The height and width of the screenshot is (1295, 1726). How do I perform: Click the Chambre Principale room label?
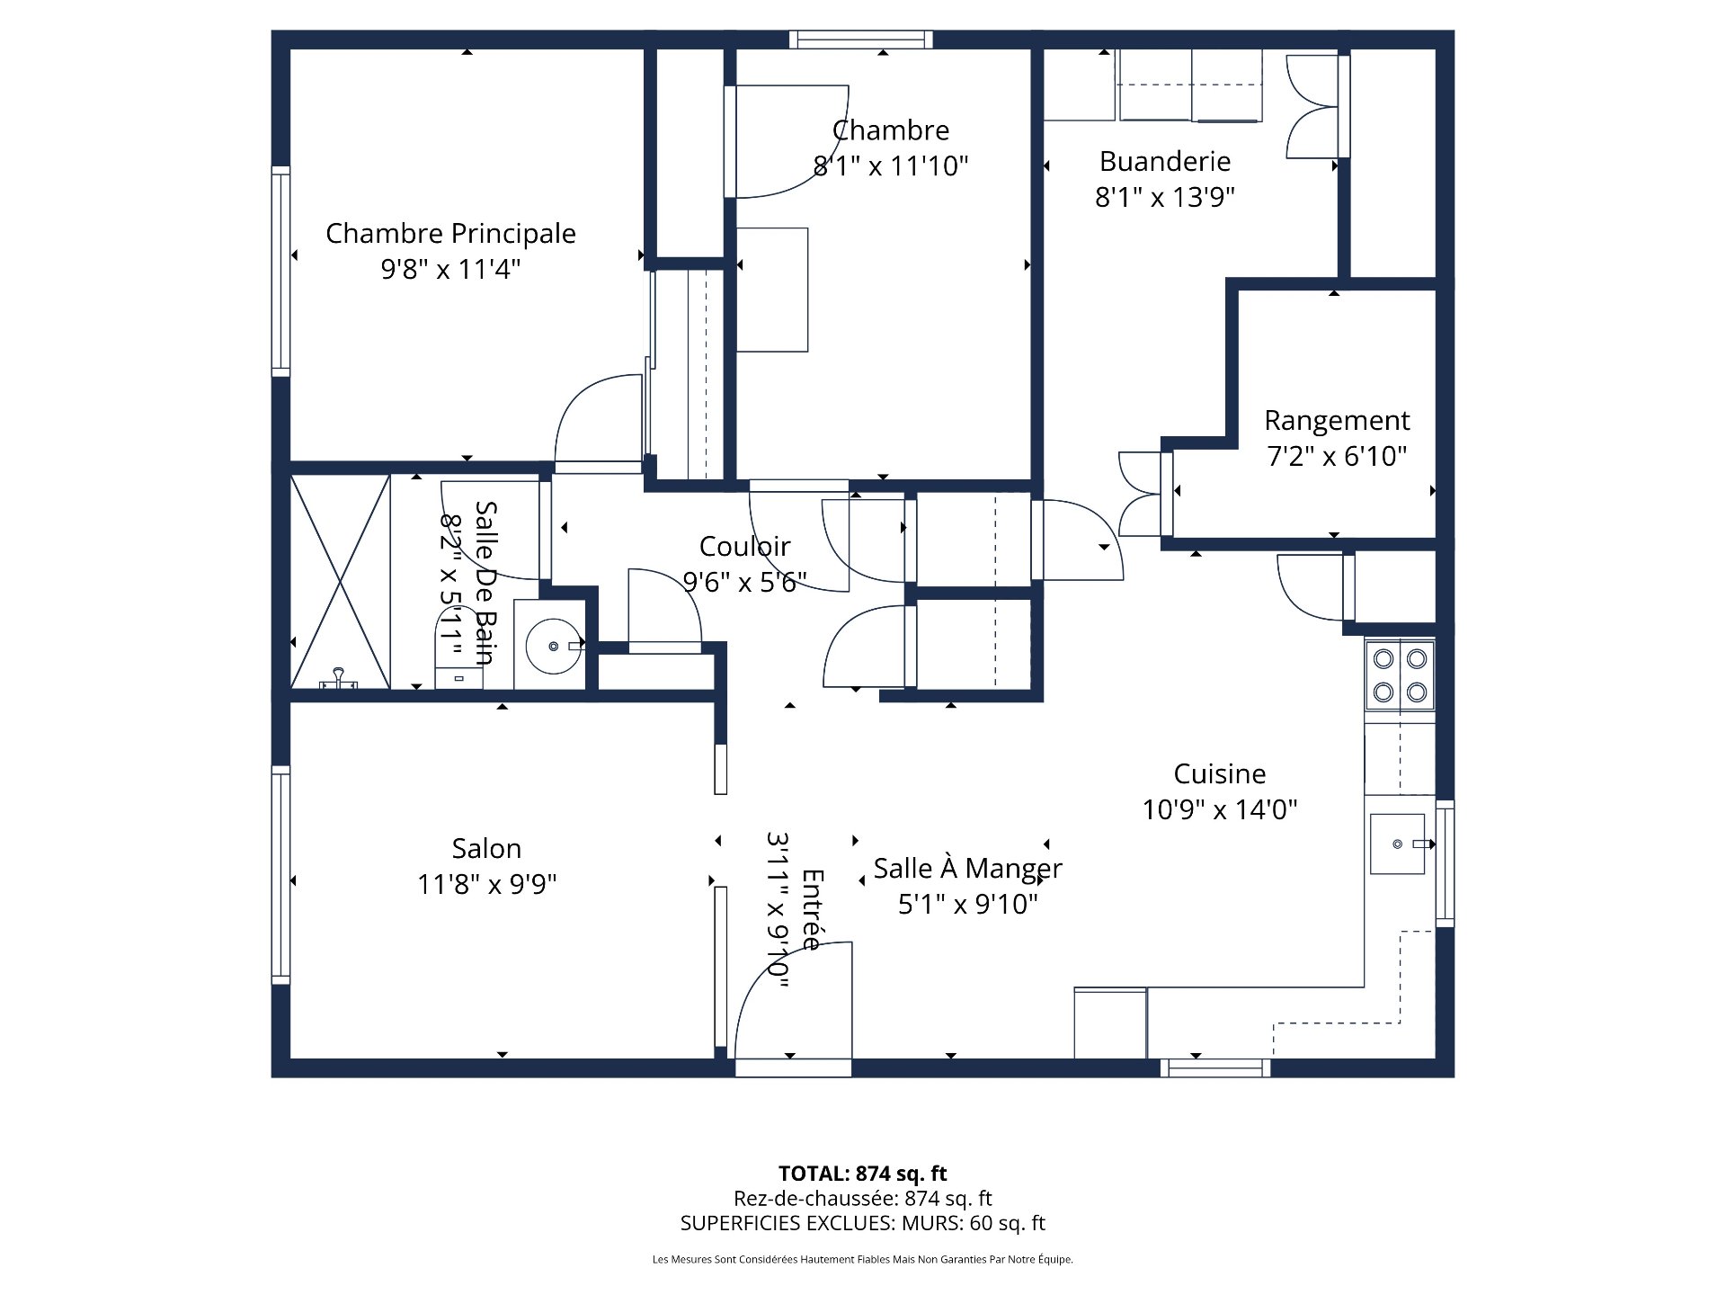pyautogui.click(x=450, y=233)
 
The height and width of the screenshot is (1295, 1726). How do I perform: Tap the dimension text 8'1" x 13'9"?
pyautogui.click(x=1164, y=197)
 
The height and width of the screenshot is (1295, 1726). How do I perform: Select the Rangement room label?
pyautogui.click(x=1337, y=420)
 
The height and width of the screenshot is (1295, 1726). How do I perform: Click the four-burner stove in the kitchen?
pyautogui.click(x=1400, y=675)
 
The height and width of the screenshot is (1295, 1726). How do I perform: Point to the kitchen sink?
pyautogui.click(x=1397, y=844)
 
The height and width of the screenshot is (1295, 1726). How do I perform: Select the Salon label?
pyautogui.click(x=486, y=848)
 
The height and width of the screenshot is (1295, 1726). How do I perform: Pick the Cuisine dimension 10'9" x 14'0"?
pyautogui.click(x=1219, y=809)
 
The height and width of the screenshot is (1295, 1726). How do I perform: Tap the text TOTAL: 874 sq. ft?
pyautogui.click(x=862, y=1174)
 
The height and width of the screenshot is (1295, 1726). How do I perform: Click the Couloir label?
pyautogui.click(x=744, y=546)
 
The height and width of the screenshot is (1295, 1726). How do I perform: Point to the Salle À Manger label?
pyautogui.click(x=967, y=869)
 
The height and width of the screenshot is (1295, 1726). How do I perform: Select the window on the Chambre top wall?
pyautogui.click(x=860, y=40)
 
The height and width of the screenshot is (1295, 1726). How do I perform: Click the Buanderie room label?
pyautogui.click(x=1164, y=161)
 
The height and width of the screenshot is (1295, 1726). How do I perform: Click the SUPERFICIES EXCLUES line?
pyautogui.click(x=862, y=1223)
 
